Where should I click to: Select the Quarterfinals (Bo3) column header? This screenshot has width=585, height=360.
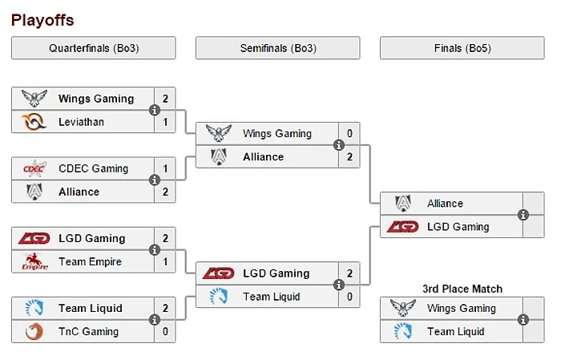pos(94,48)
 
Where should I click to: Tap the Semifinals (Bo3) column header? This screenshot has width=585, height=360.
pos(278,48)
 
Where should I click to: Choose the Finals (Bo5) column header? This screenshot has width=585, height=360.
pos(462,48)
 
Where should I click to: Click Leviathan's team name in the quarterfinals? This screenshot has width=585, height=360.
pos(81,122)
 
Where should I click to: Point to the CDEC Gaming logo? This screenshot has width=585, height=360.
pos(34,168)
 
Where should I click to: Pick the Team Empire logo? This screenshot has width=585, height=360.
pos(34,261)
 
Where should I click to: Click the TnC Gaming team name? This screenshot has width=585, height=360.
pos(88,331)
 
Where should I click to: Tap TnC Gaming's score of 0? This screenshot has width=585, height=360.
pos(165,331)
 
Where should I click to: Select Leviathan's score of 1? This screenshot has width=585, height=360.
pos(165,122)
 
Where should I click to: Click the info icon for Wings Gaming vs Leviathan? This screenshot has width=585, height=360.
pos(155,111)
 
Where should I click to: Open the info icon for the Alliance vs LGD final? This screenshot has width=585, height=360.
pos(523,215)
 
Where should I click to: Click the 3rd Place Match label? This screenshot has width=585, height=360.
pos(462,289)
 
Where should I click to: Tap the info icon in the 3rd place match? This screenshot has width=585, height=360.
pos(523,320)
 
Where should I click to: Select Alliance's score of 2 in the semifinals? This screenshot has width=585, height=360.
pos(349,156)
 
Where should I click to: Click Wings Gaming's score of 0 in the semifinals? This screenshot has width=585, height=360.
pos(349,133)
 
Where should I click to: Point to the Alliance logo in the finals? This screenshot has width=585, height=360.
pos(402,204)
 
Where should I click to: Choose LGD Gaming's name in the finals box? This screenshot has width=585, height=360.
pos(458,227)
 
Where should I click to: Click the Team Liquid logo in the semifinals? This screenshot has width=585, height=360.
pos(218,297)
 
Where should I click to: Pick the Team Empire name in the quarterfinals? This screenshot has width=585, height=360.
pos(89,261)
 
